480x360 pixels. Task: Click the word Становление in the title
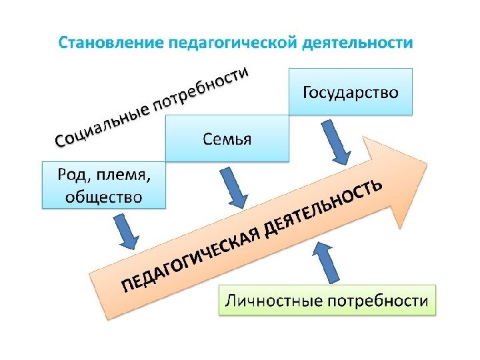tap(109, 44)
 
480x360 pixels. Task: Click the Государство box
tap(351, 91)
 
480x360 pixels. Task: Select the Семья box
tap(227, 139)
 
